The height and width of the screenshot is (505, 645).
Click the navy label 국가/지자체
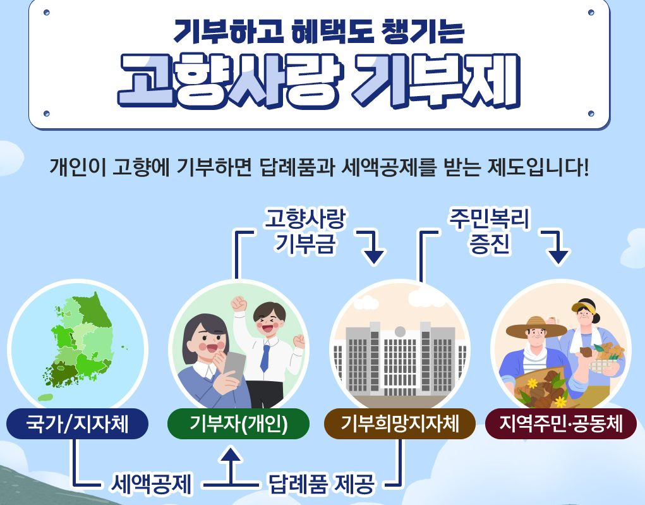point(77,423)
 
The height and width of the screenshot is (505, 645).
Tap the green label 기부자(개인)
point(238,423)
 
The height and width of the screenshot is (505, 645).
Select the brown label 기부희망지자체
point(399,423)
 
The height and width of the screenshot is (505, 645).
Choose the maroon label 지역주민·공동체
point(561,423)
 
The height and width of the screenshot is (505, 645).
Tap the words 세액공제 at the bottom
point(151,485)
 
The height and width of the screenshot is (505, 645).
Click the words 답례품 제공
point(322,485)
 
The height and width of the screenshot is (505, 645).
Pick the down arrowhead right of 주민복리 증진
point(558,255)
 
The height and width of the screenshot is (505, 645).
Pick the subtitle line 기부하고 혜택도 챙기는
point(319,30)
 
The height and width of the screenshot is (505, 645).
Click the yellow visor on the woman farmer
point(583,308)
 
